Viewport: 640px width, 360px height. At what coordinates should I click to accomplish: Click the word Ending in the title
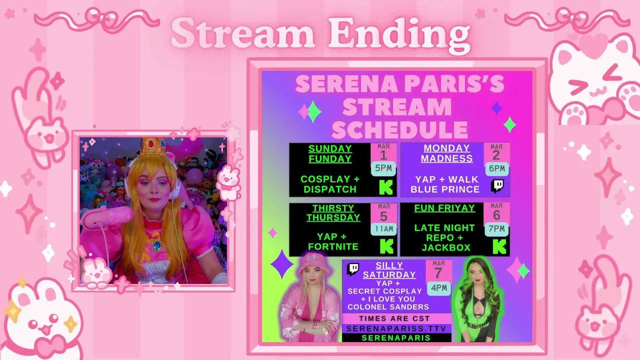pos(399,34)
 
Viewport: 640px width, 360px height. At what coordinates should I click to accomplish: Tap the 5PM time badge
pos(383,168)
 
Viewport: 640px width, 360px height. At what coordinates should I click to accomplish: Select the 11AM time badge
pos(383,229)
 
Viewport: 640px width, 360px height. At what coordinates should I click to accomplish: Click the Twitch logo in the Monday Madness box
pos(497,186)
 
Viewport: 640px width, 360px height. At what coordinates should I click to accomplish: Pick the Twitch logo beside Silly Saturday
pos(353,269)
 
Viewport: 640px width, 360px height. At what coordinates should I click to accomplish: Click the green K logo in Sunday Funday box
pos(386,187)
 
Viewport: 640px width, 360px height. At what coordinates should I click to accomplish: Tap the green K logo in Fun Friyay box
pos(499,247)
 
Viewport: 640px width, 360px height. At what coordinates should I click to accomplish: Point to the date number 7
pos(438,273)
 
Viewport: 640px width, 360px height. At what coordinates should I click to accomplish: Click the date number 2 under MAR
pos(496,155)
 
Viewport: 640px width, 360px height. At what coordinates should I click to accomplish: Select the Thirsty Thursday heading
pos(333,213)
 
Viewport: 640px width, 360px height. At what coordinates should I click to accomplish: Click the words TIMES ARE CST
pos(394,318)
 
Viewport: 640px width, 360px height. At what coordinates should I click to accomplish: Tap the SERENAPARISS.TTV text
pos(396,328)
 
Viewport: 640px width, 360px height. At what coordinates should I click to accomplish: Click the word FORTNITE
pos(333,246)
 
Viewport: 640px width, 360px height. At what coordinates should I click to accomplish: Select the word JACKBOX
pos(446,247)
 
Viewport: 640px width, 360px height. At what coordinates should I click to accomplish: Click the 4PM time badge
pos(439,288)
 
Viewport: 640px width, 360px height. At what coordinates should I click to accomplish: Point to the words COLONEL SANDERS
pos(388,307)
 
